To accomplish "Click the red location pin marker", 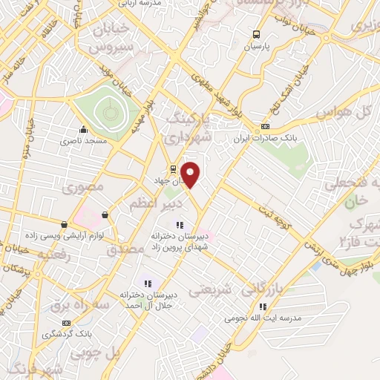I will tap(191, 174).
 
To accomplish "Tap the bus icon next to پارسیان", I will tap(256, 34).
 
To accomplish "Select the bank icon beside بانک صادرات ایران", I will tap(265, 127).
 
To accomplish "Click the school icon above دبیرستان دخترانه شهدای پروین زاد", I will tap(178, 225).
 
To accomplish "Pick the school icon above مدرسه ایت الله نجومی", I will tap(262, 307).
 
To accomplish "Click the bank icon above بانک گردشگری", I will tap(67, 323).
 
